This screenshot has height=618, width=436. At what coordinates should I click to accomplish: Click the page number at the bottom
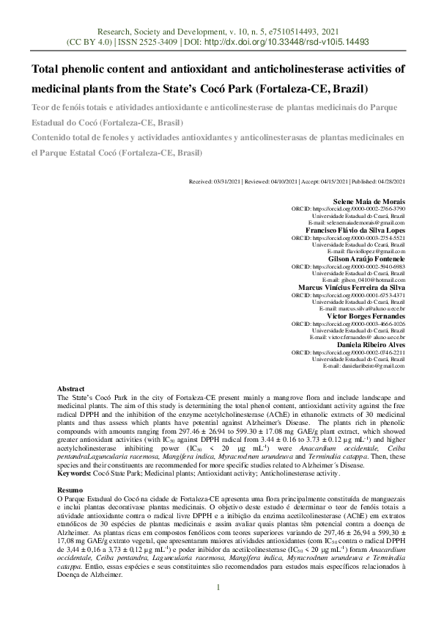[x=218, y=586]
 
